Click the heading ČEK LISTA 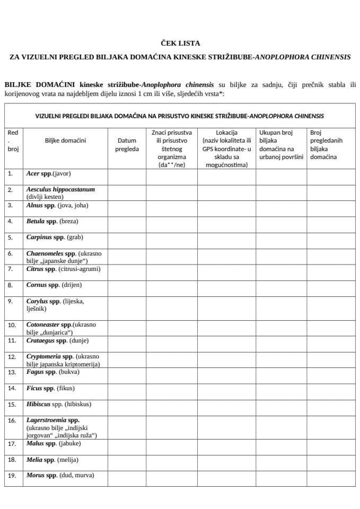pyautogui.click(x=179, y=43)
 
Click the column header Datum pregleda pyautogui.click(x=127, y=145)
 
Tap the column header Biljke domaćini pyautogui.click(x=65, y=141)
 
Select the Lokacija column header pyautogui.click(x=226, y=148)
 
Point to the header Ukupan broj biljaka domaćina pyautogui.click(x=280, y=145)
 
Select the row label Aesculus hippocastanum pyautogui.click(x=60, y=192)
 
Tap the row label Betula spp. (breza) pyautogui.click(x=52, y=221)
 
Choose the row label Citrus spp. pyautogui.click(x=63, y=269)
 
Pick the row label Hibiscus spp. pyautogui.click(x=58, y=404)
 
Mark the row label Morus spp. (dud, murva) pyautogui.click(x=60, y=475)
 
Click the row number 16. pyautogui.click(x=12, y=420)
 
